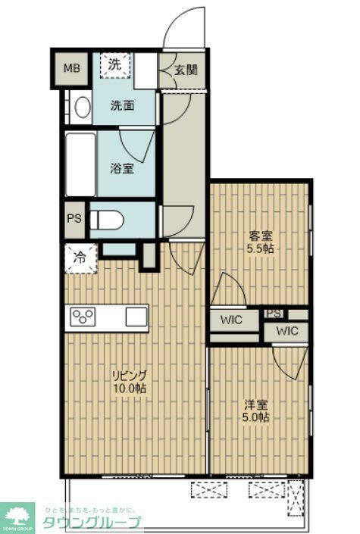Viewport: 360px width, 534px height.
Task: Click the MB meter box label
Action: point(70,69)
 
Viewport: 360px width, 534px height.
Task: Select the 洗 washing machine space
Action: point(114,66)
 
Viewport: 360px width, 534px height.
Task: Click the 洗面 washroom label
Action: point(123,105)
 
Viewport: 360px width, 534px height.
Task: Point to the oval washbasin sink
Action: point(81,107)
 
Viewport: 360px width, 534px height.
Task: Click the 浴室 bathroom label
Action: point(123,168)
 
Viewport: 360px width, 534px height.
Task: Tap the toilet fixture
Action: point(109,220)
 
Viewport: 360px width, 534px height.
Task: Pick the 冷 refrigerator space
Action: point(80,257)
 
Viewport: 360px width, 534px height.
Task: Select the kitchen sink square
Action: point(136,316)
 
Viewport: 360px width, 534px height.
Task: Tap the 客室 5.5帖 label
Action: point(260,241)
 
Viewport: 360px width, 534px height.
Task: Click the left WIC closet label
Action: point(231,320)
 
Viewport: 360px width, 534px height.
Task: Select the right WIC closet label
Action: point(286,331)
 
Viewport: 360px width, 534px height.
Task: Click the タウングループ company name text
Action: point(90,523)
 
